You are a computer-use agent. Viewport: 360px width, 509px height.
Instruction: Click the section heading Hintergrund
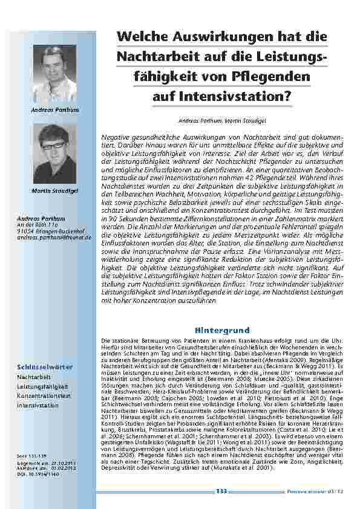pos(222,330)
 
